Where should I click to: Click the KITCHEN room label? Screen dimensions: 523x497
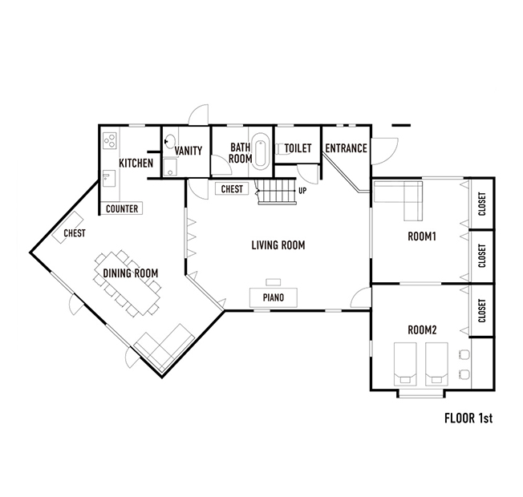[136, 163]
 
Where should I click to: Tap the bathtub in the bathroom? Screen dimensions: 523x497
[260, 152]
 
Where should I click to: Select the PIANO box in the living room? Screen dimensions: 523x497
[274, 297]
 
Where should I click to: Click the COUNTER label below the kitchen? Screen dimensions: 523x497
[122, 208]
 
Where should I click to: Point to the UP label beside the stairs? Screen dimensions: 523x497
[302, 191]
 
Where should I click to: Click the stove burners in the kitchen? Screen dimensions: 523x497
[109, 140]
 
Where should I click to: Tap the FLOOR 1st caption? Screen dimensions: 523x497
[468, 418]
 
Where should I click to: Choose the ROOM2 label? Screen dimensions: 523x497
[422, 330]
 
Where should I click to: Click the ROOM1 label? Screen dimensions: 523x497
[422, 236]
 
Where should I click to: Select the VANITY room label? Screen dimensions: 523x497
[189, 151]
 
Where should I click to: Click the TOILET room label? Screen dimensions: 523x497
[298, 148]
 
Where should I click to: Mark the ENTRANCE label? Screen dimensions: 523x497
[347, 148]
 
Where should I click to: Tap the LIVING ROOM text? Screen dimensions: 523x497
[278, 245]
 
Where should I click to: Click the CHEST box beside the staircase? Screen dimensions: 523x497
[232, 189]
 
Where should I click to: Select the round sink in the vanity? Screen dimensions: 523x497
[170, 141]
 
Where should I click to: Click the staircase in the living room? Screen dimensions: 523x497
[276, 192]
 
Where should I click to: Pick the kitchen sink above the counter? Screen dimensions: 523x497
[109, 178]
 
